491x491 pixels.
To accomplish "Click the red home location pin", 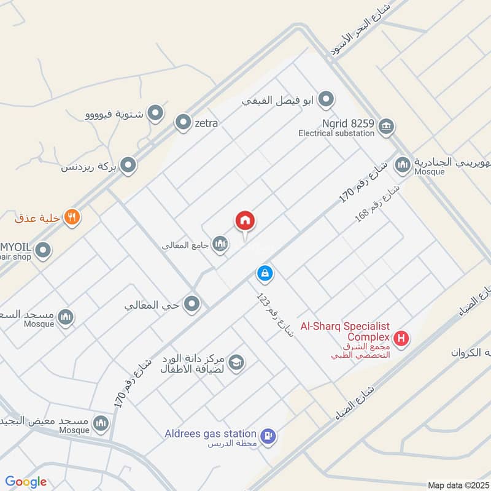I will click(245, 221).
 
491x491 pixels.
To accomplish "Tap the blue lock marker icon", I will click(265, 273).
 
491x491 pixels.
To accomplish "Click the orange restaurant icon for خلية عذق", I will click(72, 217).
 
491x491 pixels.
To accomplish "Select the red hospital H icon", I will click(401, 338).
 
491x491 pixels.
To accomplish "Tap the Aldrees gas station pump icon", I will click(268, 436).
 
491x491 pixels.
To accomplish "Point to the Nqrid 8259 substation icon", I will click(386, 126).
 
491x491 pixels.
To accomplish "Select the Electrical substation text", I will click(336, 133).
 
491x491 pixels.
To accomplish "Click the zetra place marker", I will click(183, 123).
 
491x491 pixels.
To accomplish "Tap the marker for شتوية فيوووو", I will click(156, 113).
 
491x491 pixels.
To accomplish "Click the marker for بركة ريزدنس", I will click(128, 165).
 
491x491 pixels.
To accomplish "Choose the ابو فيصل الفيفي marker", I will click(327, 99).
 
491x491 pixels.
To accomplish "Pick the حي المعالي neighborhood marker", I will click(193, 303).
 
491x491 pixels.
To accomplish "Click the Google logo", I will click(26, 482).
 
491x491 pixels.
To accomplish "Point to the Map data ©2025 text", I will click(457, 485).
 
